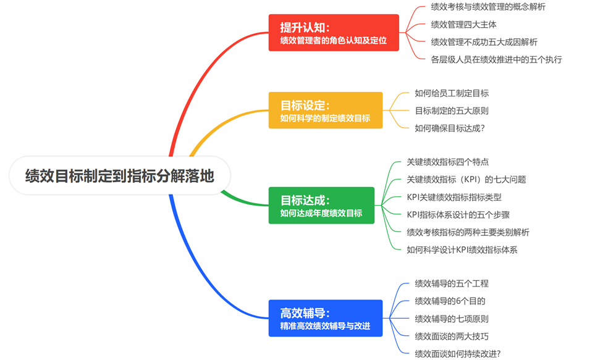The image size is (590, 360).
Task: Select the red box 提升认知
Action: coord(334,33)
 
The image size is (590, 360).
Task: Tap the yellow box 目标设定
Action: coord(325,111)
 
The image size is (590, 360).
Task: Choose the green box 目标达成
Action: coord(321,206)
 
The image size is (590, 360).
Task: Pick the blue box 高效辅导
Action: coord(325,318)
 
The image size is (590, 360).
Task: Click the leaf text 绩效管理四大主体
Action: coord(463,25)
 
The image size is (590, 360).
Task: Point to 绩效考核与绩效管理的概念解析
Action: coord(488,7)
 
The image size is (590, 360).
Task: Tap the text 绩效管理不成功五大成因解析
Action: coord(484,42)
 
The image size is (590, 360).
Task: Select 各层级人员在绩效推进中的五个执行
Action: coord(496,60)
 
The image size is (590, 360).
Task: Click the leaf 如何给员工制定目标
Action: coord(452,93)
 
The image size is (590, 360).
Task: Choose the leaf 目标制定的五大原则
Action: coord(452,111)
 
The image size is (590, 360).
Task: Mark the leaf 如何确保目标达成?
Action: coord(450,128)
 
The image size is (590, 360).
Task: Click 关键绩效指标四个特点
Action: coord(447,162)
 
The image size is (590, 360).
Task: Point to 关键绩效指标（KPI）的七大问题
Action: coord(466,180)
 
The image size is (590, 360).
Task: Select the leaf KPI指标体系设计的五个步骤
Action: coord(458,215)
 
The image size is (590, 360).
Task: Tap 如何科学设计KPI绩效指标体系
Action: coord(462,250)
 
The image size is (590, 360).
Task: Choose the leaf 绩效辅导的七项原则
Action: coord(452,319)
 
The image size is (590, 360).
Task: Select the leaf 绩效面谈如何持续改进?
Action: coord(458,354)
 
